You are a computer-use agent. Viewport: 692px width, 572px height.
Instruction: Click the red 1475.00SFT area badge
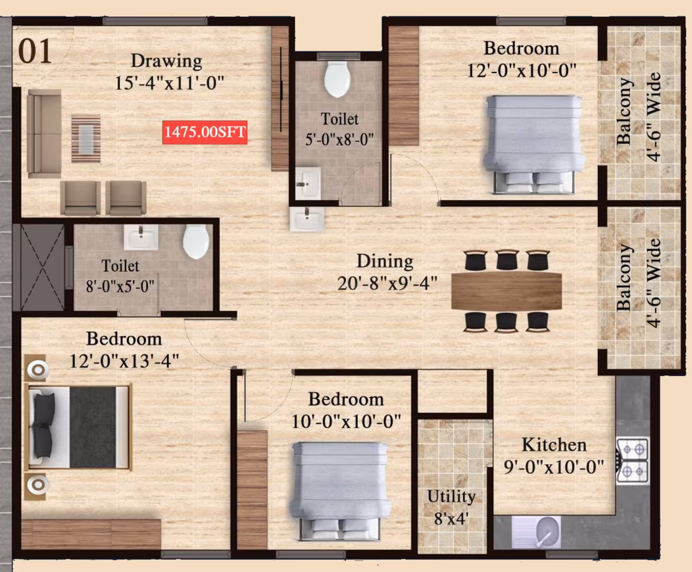point(205,132)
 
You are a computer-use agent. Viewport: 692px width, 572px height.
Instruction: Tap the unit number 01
point(35,51)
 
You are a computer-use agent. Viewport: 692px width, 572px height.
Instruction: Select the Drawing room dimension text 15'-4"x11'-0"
point(170,83)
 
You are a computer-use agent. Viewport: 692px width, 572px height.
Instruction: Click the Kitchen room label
point(555,444)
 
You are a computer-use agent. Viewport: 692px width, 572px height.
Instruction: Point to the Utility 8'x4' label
point(451,507)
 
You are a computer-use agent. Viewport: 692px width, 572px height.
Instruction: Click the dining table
point(507,291)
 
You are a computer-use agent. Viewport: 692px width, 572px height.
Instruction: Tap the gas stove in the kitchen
point(632,460)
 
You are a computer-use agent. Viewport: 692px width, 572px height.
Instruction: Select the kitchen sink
point(536,531)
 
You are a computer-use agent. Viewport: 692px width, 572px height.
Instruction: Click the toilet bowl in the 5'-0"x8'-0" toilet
point(337,79)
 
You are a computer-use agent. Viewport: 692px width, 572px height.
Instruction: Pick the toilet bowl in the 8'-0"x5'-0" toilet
point(196,241)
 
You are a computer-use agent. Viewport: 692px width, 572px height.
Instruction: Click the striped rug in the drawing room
point(86,138)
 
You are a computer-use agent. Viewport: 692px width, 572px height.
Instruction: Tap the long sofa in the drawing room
point(44,133)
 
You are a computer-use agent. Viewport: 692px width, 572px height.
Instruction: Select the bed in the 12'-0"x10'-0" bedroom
point(534,144)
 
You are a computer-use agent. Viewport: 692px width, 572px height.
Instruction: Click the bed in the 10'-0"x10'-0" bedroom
point(340,491)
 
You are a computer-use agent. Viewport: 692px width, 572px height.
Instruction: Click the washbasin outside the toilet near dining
point(307,219)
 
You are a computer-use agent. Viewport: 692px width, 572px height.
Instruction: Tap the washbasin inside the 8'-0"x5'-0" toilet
point(141,237)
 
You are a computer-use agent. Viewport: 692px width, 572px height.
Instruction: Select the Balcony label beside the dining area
point(624,277)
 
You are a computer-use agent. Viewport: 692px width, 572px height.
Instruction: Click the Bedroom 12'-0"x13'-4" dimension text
point(124,361)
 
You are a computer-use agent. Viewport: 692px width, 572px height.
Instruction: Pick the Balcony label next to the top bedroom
point(624,111)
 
